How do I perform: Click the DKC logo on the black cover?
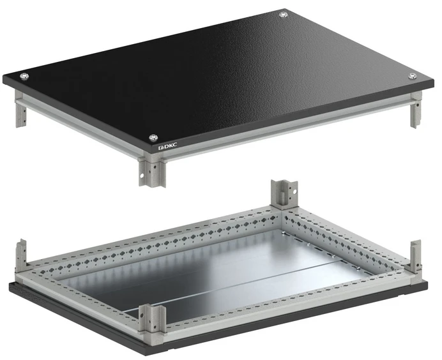click(168, 146)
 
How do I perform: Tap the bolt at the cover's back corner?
click(283, 15)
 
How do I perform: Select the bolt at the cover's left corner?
click(24, 76)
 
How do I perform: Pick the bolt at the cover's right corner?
click(413, 75)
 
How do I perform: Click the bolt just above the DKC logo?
click(153, 138)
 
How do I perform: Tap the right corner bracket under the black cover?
click(416, 110)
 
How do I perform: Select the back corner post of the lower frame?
click(284, 193)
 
